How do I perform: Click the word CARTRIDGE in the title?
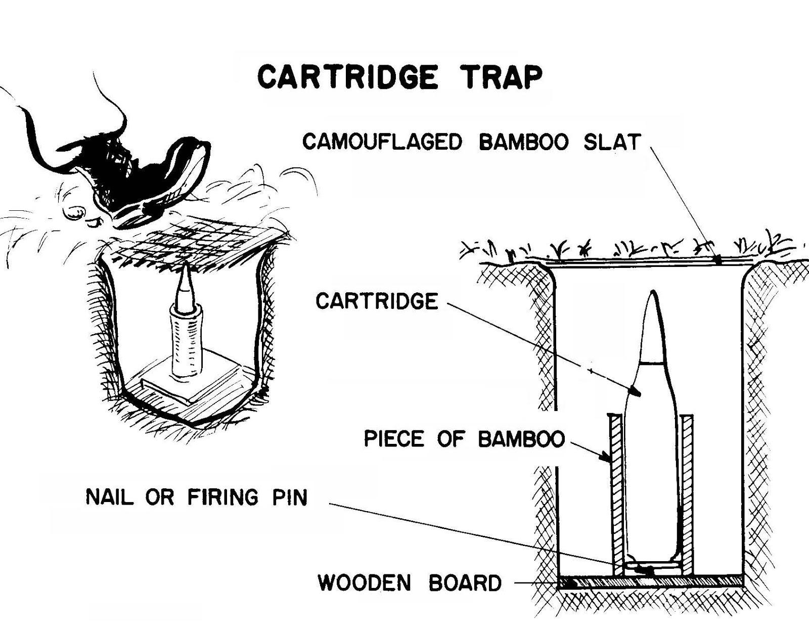347,77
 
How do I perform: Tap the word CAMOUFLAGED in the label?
382,142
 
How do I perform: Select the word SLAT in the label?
612,142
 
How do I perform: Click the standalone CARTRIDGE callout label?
377,301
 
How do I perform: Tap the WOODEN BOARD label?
410,583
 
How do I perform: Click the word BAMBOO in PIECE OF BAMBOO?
521,438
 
